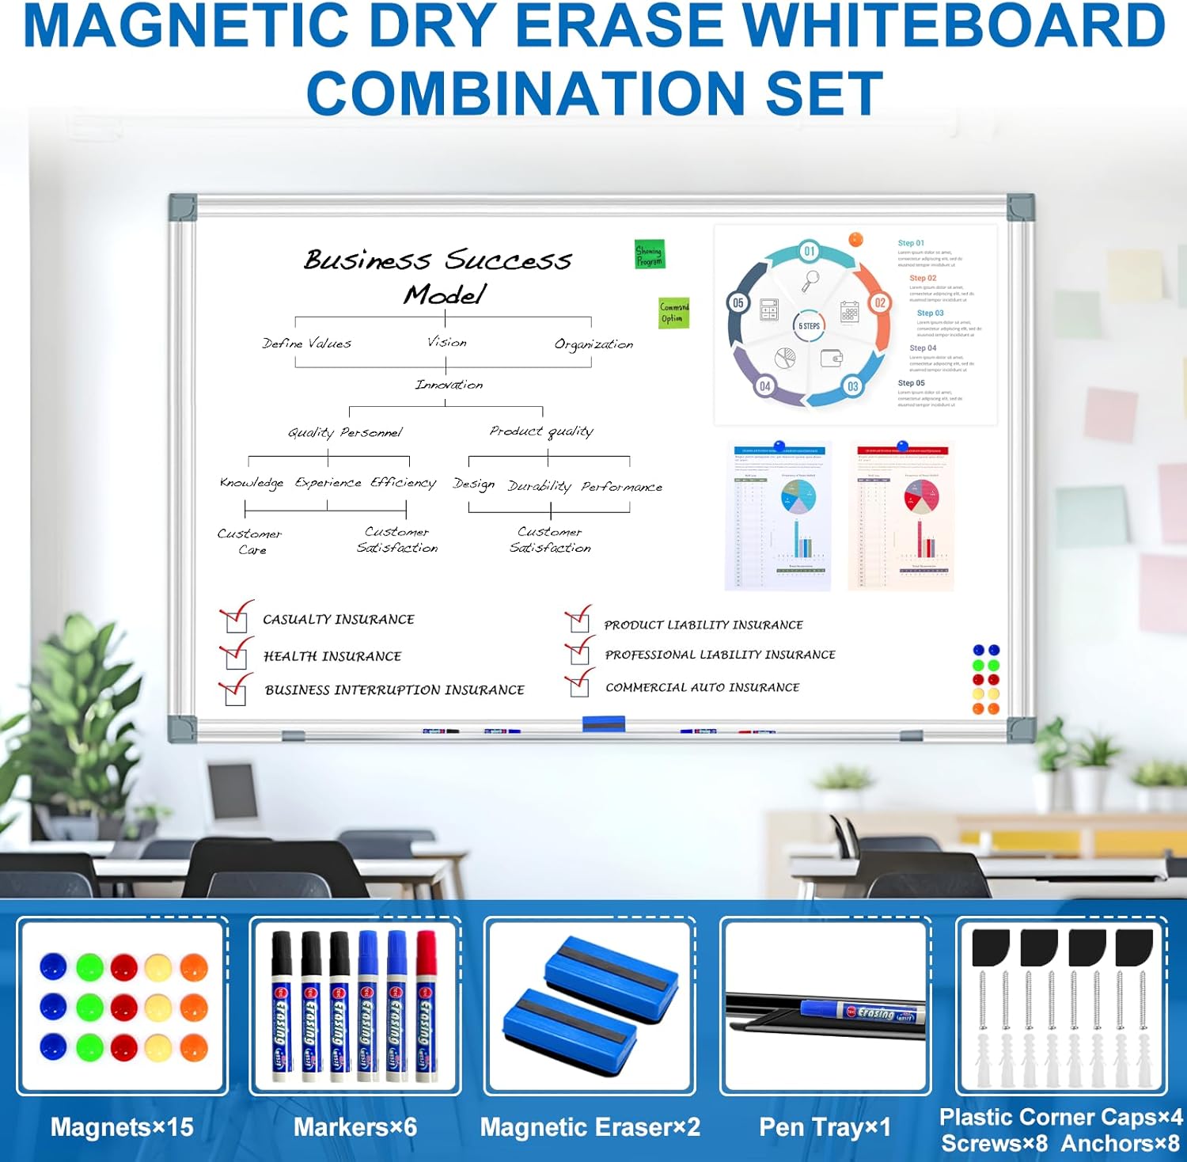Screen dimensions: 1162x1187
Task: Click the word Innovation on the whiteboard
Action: [x=449, y=385]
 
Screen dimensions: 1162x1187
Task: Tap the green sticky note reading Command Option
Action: [x=674, y=313]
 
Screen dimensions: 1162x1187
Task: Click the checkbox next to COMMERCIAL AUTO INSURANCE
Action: [x=579, y=687]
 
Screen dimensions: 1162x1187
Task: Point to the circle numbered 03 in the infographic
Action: [x=852, y=386]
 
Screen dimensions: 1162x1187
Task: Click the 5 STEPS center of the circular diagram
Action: [x=809, y=326]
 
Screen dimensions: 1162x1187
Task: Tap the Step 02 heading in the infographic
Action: [x=923, y=279]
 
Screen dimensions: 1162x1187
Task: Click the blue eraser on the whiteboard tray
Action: [x=604, y=723]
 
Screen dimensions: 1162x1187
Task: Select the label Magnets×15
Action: [x=122, y=1127]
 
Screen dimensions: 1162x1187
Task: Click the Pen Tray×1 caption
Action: [x=825, y=1127]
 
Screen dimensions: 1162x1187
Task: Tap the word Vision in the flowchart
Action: [x=447, y=342]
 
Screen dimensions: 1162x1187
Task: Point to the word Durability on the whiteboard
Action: [x=539, y=486]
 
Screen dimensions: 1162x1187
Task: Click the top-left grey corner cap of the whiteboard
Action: [x=183, y=207]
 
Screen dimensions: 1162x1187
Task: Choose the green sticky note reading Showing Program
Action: [x=650, y=255]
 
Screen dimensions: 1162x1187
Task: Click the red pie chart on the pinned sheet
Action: [x=921, y=496]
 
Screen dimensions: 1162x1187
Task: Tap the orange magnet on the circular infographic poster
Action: [x=855, y=238]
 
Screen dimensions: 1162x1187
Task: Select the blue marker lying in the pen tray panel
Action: [x=859, y=1012]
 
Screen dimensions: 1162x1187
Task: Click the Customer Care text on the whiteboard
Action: [x=250, y=541]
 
